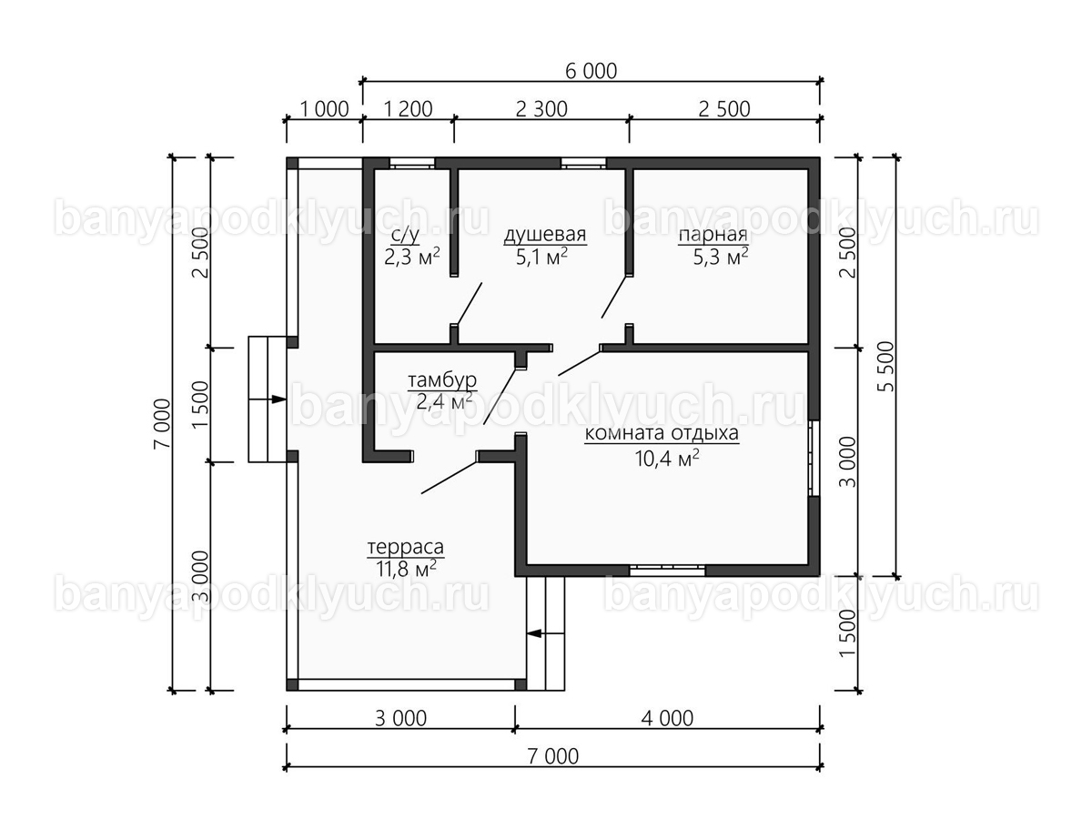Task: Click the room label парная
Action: click(713, 235)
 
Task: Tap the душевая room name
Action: click(545, 234)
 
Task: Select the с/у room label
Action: click(405, 236)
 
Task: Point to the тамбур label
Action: click(442, 380)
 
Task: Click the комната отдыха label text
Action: click(662, 433)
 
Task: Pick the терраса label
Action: click(406, 548)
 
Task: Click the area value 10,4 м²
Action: click(667, 458)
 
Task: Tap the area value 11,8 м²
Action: click(407, 569)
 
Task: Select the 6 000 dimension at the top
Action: click(591, 72)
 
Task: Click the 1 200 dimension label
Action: click(408, 109)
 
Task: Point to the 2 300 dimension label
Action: click(541, 109)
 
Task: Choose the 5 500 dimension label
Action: click(885, 367)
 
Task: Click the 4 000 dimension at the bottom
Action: click(667, 719)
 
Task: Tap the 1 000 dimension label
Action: click(324, 109)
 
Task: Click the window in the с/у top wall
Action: click(412, 164)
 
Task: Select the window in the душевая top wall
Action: click(584, 164)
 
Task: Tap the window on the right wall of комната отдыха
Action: click(814, 459)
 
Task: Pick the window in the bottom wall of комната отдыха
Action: click(668, 571)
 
